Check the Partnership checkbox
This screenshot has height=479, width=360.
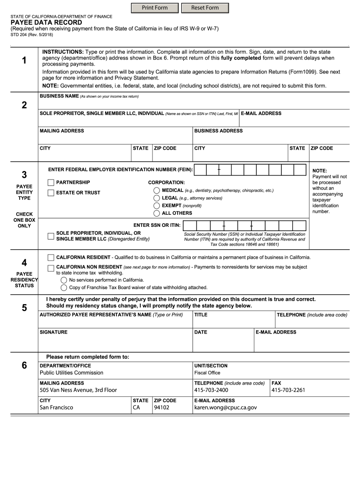click(51, 182)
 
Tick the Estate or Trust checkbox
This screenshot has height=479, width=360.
click(51, 193)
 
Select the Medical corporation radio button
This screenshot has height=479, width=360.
click(157, 191)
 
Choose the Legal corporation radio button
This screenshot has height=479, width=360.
click(157, 198)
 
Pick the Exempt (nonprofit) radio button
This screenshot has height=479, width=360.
click(157, 206)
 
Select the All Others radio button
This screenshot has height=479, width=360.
click(157, 213)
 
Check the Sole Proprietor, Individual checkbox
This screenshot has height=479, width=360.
click(51, 236)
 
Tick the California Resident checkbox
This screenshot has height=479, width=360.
click(51, 258)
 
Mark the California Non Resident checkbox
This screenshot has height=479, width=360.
click(51, 268)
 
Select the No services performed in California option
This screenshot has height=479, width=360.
click(64, 280)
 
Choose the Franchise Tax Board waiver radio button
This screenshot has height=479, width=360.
click(64, 288)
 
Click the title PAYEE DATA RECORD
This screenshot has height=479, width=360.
click(46, 22)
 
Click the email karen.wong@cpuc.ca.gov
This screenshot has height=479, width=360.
click(225, 407)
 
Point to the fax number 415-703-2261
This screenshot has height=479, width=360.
click(288, 390)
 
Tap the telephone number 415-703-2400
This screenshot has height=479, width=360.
click(211, 390)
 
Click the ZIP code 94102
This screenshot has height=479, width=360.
click(162, 407)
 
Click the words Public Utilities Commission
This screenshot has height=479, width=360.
click(72, 373)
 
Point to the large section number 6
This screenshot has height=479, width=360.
click(24, 366)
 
